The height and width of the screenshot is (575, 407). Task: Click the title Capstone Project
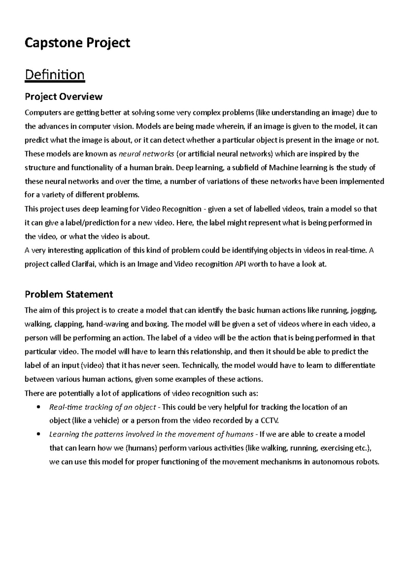click(x=77, y=43)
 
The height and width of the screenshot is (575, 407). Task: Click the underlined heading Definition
click(x=55, y=74)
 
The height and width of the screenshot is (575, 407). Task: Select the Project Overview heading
click(x=63, y=97)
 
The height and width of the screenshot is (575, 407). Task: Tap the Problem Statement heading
click(x=69, y=294)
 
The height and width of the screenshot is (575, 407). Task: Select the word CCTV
click(x=270, y=421)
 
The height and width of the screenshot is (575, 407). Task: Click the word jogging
click(x=364, y=310)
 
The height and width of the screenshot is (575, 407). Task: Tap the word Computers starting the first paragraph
click(x=43, y=112)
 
